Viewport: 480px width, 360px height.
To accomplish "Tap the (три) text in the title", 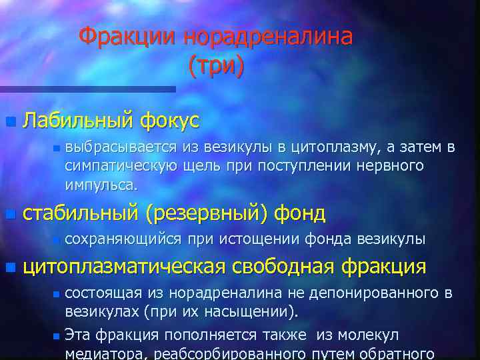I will tap(217, 65).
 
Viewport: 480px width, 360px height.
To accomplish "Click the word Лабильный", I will tap(79, 121).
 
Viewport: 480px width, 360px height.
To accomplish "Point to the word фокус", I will tap(169, 121).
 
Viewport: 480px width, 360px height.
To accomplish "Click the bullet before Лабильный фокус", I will tap(9, 121).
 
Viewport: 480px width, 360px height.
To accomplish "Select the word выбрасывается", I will tap(121, 147).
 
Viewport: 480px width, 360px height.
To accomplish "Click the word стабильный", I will tap(81, 213).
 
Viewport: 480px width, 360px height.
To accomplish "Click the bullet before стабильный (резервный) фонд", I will tap(9, 214).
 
